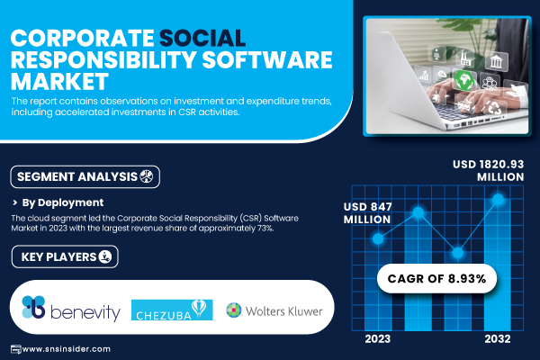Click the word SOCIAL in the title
coord(202,38)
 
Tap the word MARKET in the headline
coord(59,81)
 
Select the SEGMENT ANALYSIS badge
coord(85,176)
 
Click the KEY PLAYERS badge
coord(65,256)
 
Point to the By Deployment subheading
coord(63,202)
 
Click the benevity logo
coord(71,308)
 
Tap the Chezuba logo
coord(172,310)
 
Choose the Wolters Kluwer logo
coord(274,310)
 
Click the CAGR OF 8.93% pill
coord(436,278)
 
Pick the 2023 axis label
coord(378,339)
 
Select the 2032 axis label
coord(498,339)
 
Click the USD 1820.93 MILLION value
coord(489,170)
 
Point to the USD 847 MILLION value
coord(367,213)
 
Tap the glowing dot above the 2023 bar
coord(378,238)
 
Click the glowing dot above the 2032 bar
coord(498,199)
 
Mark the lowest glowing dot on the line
coord(458,253)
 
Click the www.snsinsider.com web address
coord(66,349)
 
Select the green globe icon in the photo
coord(463,80)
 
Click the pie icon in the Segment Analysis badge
coord(147,176)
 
